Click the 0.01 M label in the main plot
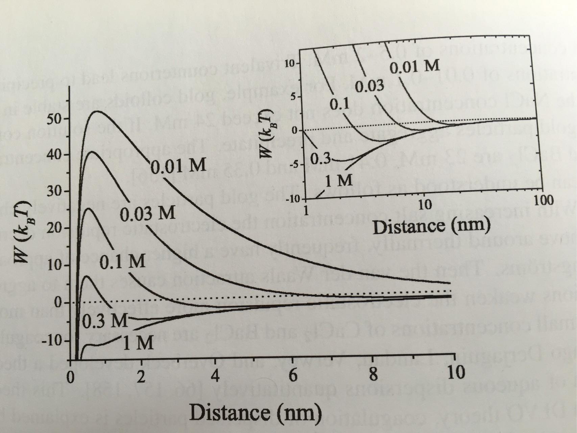(178, 166)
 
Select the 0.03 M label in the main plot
(148, 214)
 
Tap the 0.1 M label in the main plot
(122, 262)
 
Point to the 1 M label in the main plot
(138, 343)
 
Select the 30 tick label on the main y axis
(54, 191)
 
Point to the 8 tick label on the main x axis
(373, 375)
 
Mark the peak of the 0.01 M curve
(97, 111)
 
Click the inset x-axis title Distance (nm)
(431, 226)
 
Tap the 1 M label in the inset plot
(339, 181)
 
